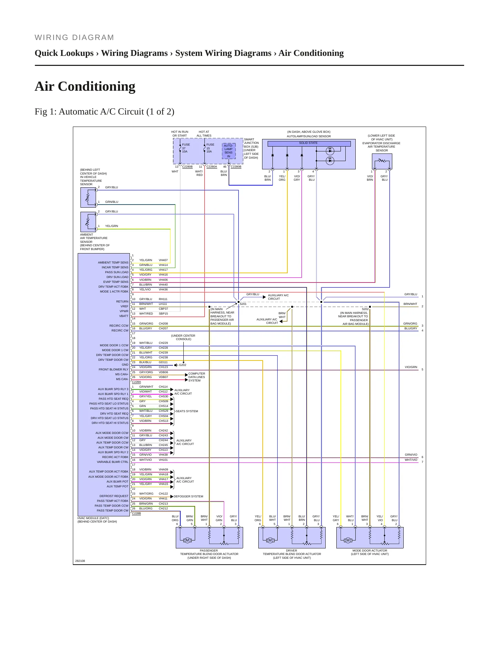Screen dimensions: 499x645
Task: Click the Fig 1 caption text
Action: [x=104, y=112]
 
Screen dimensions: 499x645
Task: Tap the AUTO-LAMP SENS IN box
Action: [x=229, y=151]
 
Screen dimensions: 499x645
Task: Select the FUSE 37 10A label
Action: [x=186, y=148]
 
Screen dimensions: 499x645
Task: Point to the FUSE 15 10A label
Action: [x=210, y=148]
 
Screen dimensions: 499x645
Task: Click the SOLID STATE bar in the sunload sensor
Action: [x=309, y=143]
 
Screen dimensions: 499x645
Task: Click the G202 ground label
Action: [x=182, y=365]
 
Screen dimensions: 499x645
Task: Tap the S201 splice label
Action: [x=243, y=304]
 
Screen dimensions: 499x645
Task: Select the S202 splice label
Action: [x=365, y=309]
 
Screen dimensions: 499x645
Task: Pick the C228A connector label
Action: [x=136, y=382]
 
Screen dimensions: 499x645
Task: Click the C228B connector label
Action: [x=136, y=513]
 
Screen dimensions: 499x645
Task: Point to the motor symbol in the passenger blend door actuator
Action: [x=187, y=540]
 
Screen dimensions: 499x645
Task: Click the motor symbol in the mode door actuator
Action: [x=348, y=540]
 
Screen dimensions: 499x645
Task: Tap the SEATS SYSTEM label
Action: [x=187, y=411]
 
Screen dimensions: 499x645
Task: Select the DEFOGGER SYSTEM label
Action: [x=188, y=496]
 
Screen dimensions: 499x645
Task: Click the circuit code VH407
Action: [x=163, y=260]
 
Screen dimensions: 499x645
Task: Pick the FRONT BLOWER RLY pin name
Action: [x=113, y=369]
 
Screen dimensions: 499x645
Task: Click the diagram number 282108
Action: [x=80, y=561]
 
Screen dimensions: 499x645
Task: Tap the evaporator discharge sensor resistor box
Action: [x=382, y=161]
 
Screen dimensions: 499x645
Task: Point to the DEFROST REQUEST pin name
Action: [x=114, y=496]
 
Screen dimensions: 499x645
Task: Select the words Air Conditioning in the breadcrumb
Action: [x=311, y=53]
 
